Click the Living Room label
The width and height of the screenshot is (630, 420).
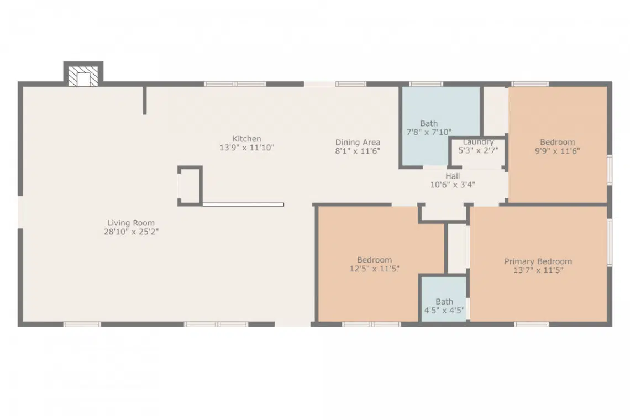point(131,223)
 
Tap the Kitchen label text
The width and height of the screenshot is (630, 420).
point(246,139)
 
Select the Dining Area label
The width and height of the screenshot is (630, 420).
point(358,142)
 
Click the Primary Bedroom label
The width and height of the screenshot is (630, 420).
point(538,261)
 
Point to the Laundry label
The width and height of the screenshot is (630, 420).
point(478,142)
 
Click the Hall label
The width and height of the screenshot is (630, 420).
point(453,176)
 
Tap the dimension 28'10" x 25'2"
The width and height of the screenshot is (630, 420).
point(132,232)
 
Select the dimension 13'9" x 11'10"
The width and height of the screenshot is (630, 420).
point(246,148)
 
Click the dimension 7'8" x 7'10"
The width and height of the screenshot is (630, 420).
point(429,132)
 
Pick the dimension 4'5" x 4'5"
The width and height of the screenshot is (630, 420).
point(444,310)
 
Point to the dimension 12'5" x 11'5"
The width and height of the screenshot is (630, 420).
point(375,269)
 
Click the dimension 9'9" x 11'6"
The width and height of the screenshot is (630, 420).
point(557,151)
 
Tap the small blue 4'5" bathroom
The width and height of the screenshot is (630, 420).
point(444,298)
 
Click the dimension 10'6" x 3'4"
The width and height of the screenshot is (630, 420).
point(453,185)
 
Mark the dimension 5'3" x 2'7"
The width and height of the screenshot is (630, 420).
point(479,151)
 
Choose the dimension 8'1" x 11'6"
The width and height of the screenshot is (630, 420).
point(358,151)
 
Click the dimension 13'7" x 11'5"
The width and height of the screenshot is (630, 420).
point(538,270)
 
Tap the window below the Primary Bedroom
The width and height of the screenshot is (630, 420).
point(532,324)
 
